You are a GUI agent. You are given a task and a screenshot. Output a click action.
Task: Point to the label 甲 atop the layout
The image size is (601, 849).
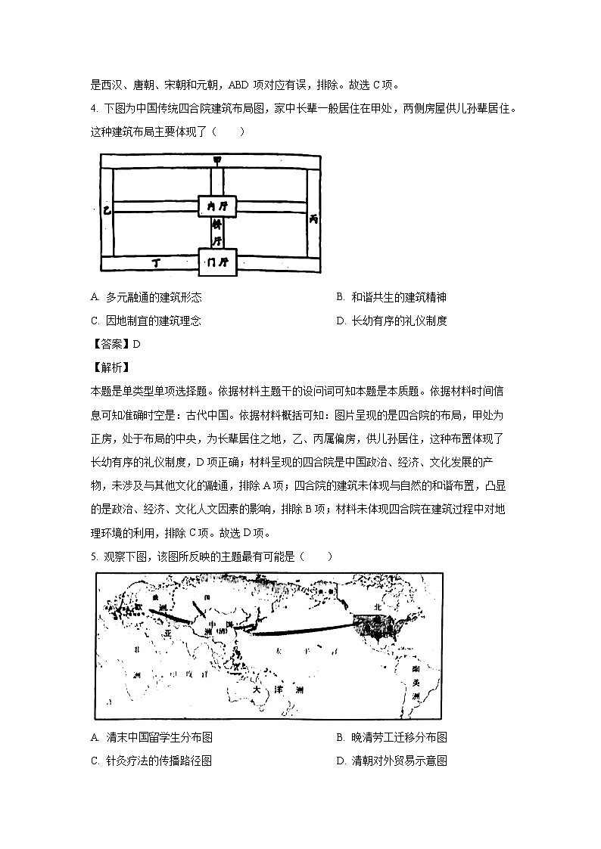216,160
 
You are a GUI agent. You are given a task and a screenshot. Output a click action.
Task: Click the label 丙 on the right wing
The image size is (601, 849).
313,218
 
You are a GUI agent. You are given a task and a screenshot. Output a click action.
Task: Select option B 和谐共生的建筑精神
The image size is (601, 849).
397,298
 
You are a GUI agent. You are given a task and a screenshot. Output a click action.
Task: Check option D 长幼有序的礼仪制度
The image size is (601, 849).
397,321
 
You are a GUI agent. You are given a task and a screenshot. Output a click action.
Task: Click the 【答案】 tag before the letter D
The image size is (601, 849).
111,344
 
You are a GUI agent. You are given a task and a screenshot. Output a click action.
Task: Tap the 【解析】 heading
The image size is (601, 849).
111,367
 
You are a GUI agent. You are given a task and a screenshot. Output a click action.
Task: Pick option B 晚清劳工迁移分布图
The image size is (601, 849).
397,738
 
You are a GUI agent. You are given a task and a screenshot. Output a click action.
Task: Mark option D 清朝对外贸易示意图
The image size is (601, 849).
397,761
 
